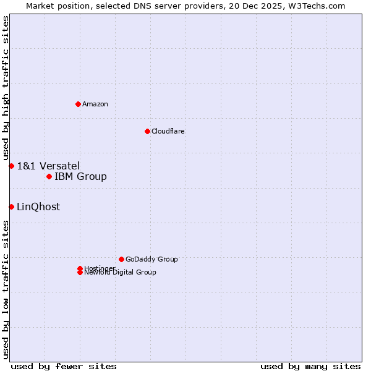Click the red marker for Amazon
coord(78,104)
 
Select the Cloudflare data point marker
coord(147,131)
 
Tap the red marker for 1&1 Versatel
coord(11,166)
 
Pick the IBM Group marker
coord(49,177)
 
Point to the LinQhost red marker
coord(11,207)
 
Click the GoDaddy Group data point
coord(121,259)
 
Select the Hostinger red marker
coord(80,268)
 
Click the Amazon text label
coord(95,104)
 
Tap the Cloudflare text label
coord(168,131)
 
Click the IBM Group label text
coord(80,177)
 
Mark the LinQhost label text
coord(38,207)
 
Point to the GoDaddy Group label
coord(151,259)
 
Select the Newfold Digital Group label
coord(120,273)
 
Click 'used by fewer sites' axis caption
coord(64,366)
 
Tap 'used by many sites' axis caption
coord(310,366)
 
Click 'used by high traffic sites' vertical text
coord(6,88)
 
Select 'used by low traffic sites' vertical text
coord(6,289)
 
